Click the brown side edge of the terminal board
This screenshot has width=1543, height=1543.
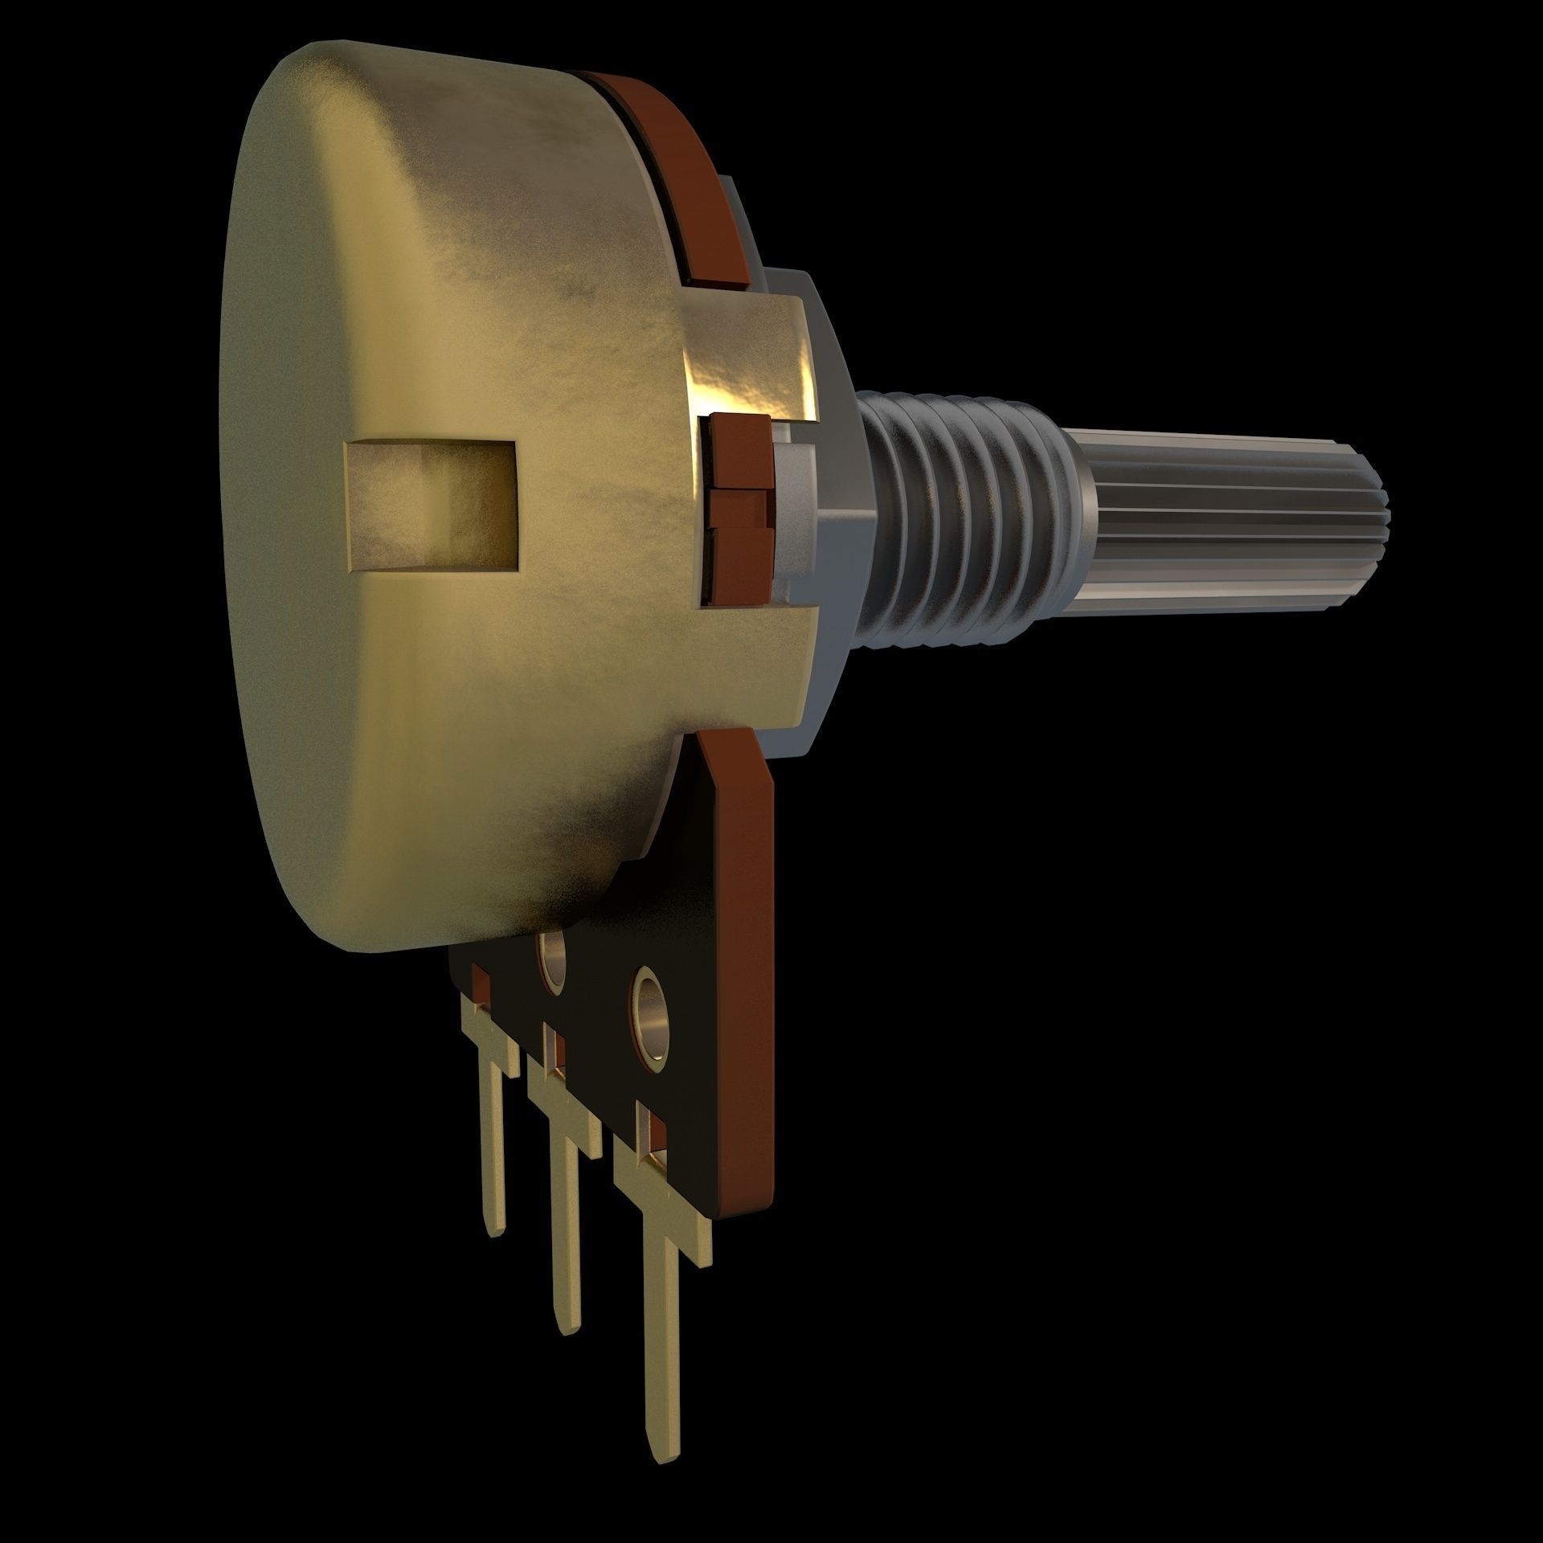[x=751, y=964]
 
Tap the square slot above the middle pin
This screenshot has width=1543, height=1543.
[x=553, y=1053]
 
